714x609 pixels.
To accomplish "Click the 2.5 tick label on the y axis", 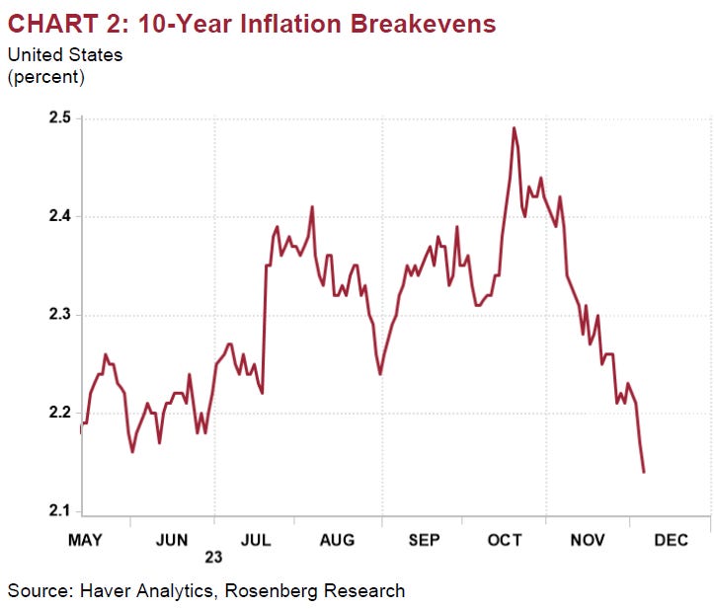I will (58, 118).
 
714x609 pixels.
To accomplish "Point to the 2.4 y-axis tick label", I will (58, 216).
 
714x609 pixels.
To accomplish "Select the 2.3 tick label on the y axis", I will (58, 315).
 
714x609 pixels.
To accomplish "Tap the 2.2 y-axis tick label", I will (58, 413).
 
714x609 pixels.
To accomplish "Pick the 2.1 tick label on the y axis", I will (58, 510).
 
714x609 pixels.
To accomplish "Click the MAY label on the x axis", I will (84, 540).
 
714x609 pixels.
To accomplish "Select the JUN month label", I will (173, 540).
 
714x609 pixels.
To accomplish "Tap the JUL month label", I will (257, 540).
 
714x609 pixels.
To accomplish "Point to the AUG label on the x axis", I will (338, 540).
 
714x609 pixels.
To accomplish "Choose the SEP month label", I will (424, 540).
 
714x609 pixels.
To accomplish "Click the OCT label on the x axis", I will (505, 540).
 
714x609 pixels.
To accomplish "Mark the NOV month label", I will (588, 540).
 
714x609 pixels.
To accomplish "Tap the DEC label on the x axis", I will (672, 540).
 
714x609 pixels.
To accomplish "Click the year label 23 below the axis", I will (214, 558).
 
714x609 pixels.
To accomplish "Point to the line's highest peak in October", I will (515, 127).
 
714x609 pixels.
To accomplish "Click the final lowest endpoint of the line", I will (644, 472).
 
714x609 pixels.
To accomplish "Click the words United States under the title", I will (65, 55).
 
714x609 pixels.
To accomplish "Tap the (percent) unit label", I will (46, 76).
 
